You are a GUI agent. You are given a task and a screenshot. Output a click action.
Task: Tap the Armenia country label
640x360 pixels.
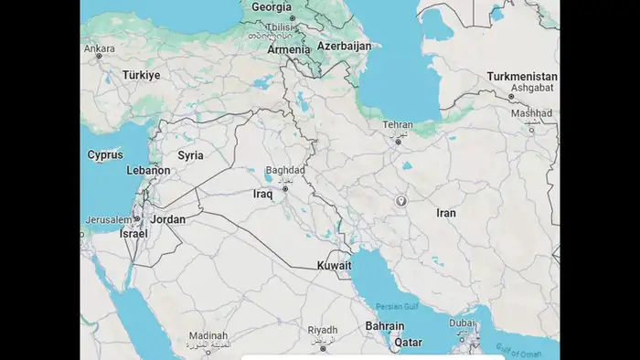(289, 50)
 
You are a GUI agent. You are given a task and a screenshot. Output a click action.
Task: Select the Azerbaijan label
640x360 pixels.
(344, 46)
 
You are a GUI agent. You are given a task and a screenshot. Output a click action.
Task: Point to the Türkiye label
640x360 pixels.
(142, 75)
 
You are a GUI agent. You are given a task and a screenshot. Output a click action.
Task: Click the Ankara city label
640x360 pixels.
(100, 48)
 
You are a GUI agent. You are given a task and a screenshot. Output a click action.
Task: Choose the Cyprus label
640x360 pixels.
(105, 154)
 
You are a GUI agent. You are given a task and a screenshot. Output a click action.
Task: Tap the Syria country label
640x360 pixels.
(190, 155)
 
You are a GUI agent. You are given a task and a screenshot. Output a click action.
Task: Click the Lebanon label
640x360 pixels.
(149, 170)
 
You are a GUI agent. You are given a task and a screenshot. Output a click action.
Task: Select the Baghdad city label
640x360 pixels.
(284, 170)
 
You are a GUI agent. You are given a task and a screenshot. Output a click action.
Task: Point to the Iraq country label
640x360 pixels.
(263, 194)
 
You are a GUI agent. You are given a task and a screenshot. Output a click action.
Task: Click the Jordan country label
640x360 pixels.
(168, 219)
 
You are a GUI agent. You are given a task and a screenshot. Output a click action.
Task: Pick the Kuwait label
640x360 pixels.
(334, 265)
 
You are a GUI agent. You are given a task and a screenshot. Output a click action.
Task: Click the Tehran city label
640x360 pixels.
(398, 125)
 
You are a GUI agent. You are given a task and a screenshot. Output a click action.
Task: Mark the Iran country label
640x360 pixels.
(446, 213)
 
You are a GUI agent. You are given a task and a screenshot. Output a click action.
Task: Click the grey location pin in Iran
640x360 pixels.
(400, 201)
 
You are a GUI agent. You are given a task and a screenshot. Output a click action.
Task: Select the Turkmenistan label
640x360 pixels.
(522, 76)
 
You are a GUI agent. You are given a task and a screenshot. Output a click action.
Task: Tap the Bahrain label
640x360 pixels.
(385, 326)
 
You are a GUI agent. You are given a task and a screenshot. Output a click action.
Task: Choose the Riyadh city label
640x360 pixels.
(323, 330)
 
